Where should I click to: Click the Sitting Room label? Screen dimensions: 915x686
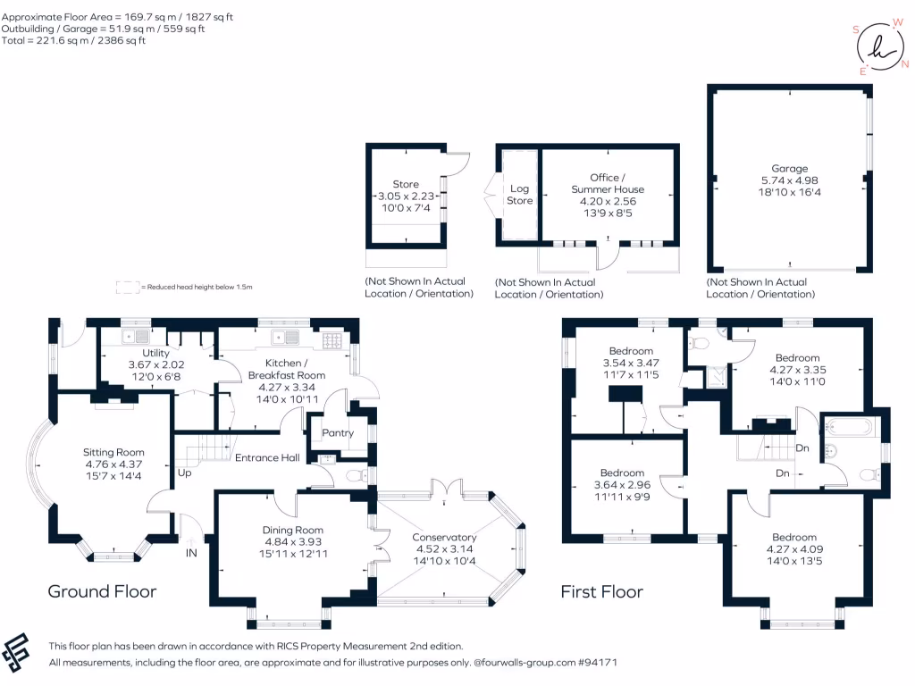(113, 452)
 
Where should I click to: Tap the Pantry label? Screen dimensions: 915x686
(338, 433)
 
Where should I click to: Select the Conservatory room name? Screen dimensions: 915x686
(444, 537)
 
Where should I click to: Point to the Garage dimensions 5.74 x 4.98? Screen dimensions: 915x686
(790, 180)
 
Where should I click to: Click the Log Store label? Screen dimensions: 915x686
(519, 195)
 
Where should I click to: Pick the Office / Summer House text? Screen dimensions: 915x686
(608, 183)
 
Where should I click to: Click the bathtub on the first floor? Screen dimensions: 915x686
(850, 427)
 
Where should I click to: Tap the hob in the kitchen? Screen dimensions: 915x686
(333, 340)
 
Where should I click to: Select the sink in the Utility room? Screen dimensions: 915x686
(136, 337)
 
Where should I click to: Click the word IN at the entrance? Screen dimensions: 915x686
(191, 553)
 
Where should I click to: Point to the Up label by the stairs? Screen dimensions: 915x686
(184, 473)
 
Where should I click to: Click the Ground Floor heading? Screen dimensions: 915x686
(102, 591)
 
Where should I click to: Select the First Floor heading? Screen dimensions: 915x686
(601, 591)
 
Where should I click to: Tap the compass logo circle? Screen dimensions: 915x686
(880, 46)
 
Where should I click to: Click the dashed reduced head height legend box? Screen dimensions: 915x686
(127, 287)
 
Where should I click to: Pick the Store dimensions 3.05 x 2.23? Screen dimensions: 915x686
(406, 196)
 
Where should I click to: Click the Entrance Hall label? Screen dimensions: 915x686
(267, 458)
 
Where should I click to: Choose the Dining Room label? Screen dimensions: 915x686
(293, 531)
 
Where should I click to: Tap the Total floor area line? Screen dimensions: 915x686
(73, 40)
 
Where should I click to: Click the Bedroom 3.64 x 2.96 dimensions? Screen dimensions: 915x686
(622, 485)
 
